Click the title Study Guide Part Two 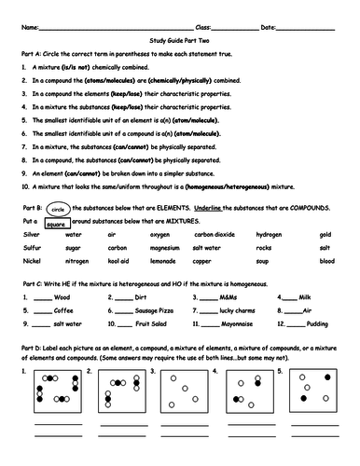(x=180, y=40)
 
